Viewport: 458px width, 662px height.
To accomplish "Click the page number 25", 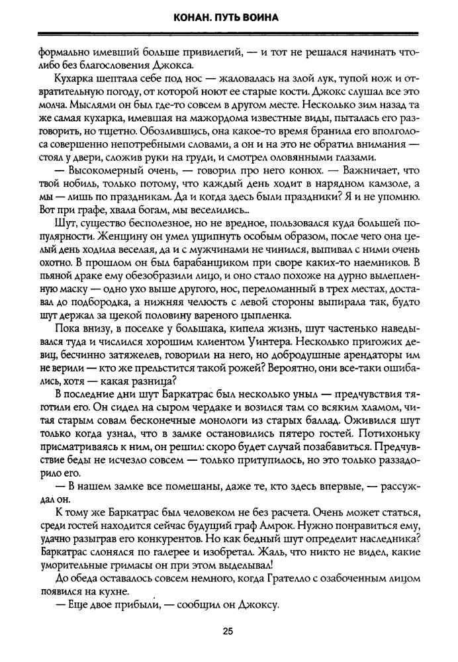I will [228, 632].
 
